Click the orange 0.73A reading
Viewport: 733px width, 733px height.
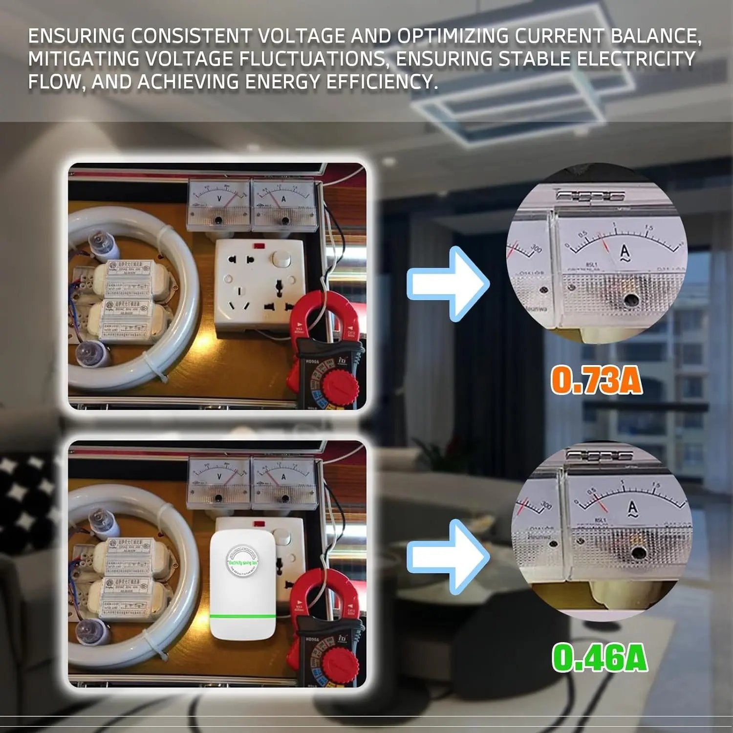coord(596,380)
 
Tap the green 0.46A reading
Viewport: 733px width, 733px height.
coord(600,658)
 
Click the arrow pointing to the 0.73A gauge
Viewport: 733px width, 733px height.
coord(447,283)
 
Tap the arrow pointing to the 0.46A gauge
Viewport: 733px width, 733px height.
coord(447,556)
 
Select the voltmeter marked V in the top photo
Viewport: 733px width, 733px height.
coord(219,203)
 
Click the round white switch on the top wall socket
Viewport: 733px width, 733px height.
coord(280,259)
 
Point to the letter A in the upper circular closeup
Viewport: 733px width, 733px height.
coord(625,252)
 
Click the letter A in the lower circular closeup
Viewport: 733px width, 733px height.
coord(632,509)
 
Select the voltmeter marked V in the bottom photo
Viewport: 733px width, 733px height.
coord(219,481)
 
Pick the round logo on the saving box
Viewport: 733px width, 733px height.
coord(243,560)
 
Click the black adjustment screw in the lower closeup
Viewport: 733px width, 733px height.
coord(638,553)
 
